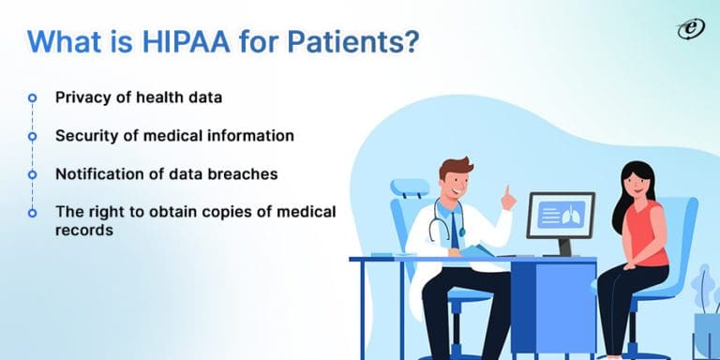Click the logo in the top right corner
pos(690,29)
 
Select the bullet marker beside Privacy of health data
pos(33,97)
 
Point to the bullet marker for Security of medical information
pos(33,136)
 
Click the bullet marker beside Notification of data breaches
pos(33,174)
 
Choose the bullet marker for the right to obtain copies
pos(33,213)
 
